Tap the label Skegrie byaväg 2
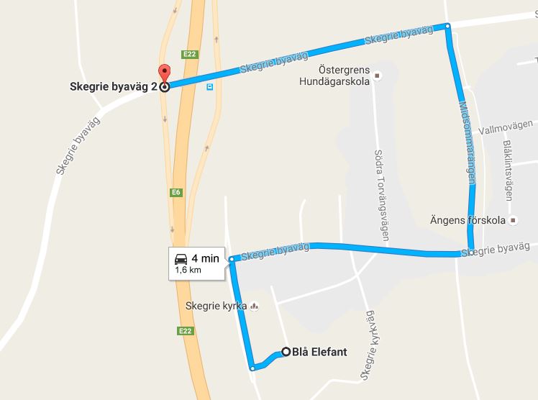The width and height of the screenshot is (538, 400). click(x=113, y=88)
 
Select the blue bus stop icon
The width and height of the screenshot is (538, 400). click(x=209, y=86)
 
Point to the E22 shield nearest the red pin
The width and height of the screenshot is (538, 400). click(x=191, y=54)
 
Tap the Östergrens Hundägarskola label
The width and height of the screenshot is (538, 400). click(x=334, y=76)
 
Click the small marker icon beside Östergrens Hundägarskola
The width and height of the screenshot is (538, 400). click(x=376, y=76)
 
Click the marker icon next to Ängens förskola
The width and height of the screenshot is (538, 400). click(x=512, y=220)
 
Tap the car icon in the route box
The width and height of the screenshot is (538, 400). click(x=181, y=258)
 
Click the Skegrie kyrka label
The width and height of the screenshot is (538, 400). click(x=216, y=306)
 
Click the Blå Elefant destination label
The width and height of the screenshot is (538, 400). click(x=320, y=352)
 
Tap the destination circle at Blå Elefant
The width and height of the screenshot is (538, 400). click(x=286, y=352)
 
